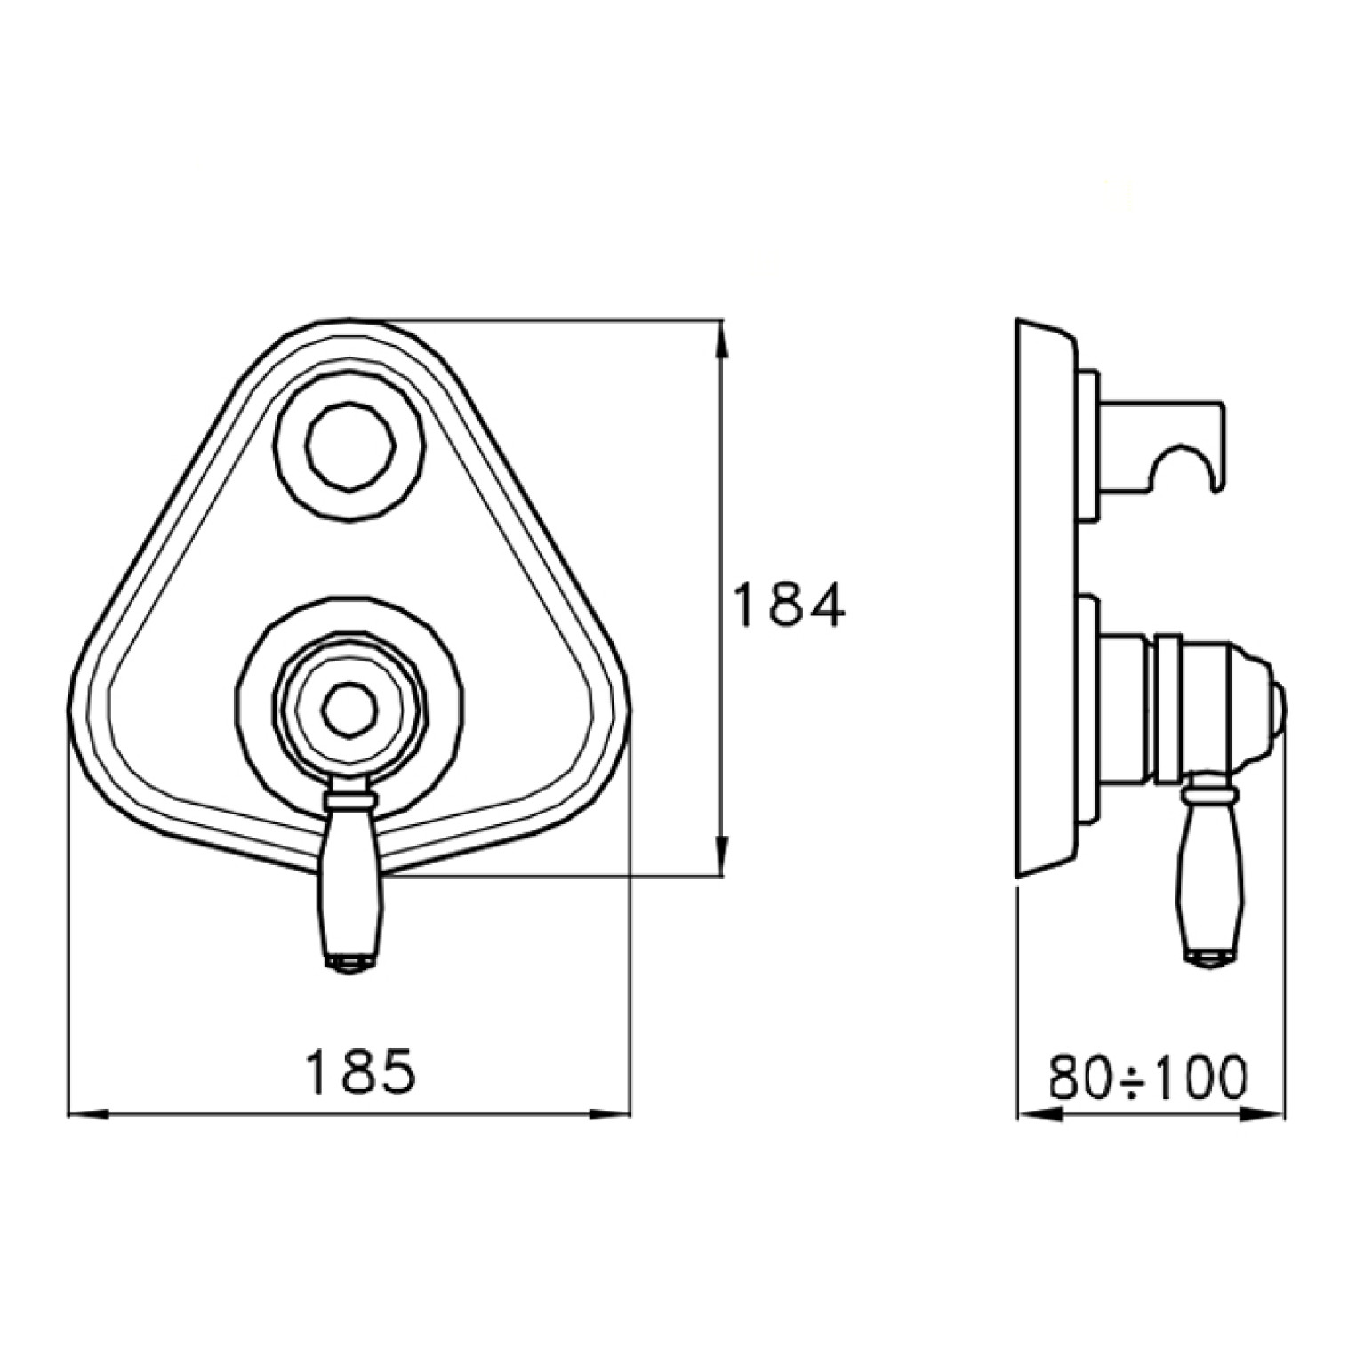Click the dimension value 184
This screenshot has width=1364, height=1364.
point(789,606)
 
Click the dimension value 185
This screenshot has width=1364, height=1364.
point(360,1072)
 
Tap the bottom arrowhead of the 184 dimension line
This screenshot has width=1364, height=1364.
point(723,855)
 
